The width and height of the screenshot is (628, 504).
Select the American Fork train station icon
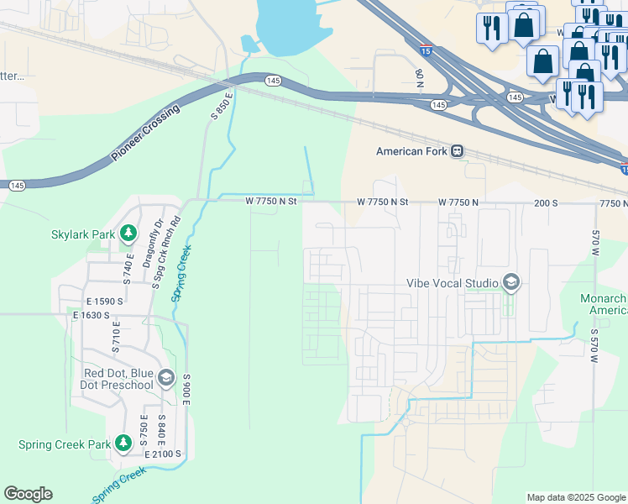(x=457, y=151)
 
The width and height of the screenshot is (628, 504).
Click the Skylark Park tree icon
(x=128, y=232)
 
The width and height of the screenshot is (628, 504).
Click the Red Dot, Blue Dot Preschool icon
(x=165, y=378)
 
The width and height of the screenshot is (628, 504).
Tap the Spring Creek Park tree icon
(x=123, y=442)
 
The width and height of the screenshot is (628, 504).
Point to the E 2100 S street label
(x=163, y=454)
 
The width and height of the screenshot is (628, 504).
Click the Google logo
(x=28, y=494)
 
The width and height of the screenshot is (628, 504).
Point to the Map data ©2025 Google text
(x=575, y=497)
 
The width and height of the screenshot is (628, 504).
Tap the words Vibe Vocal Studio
(x=453, y=284)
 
